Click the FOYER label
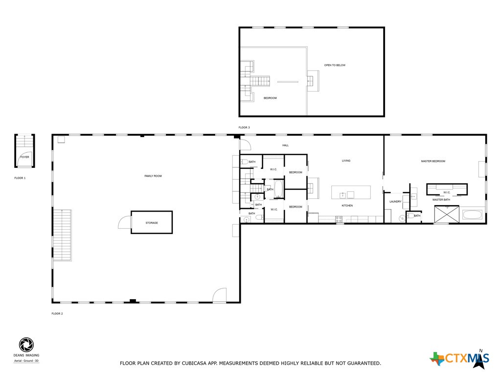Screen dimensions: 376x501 click(x=24, y=157)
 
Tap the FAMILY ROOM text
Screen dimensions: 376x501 click(x=153, y=176)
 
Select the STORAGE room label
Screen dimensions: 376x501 click(x=152, y=223)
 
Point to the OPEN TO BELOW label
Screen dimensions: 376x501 click(x=335, y=65)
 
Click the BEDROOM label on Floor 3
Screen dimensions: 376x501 click(x=270, y=98)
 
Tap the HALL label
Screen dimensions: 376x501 click(x=286, y=145)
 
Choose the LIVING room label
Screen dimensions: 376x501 click(x=346, y=161)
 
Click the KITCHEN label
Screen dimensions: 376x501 click(x=347, y=206)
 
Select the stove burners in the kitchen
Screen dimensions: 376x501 click(x=339, y=219)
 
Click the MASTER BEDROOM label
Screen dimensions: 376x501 click(x=433, y=161)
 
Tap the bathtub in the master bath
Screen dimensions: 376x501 click(x=472, y=214)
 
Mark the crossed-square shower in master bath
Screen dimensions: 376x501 click(x=446, y=214)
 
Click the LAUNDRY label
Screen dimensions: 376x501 click(x=395, y=201)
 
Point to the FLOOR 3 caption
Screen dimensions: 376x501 click(x=244, y=127)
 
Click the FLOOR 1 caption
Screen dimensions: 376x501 click(x=20, y=178)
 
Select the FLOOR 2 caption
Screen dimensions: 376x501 click(x=57, y=313)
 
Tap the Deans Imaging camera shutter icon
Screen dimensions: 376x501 click(x=26, y=345)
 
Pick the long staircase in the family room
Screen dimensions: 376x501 click(x=62, y=235)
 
